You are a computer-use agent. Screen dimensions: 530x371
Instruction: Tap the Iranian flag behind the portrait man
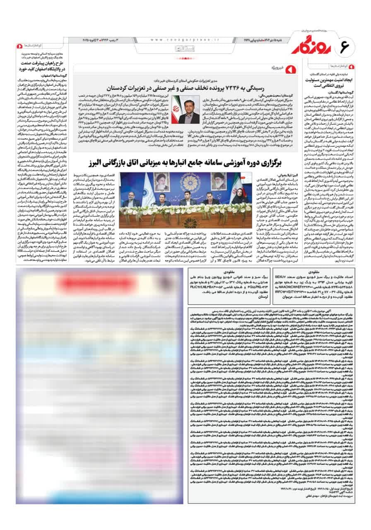coord(176,108)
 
